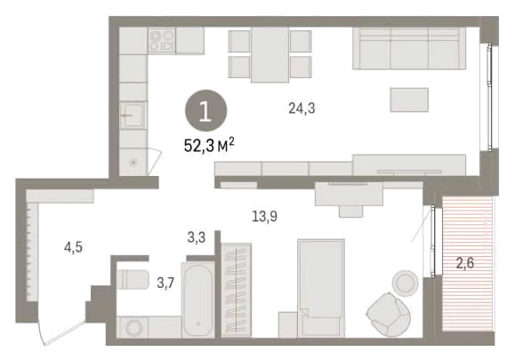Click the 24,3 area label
tap(302, 108)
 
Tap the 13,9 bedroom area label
tap(265, 216)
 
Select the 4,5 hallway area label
tap(73, 247)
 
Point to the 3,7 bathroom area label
tap(165, 283)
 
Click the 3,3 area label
tap(197, 237)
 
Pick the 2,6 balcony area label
tap(465, 263)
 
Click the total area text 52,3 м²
tap(209, 145)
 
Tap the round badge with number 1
tap(206, 111)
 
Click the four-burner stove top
tap(162, 40)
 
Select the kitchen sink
tap(133, 115)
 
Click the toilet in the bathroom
tap(133, 279)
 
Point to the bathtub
tap(197, 299)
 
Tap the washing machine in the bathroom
tap(133, 327)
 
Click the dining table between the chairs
tap(270, 54)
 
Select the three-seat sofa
tap(409, 49)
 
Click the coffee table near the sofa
tap(409, 100)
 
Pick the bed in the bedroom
tap(321, 288)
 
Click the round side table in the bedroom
tap(405, 282)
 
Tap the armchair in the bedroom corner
tap(389, 315)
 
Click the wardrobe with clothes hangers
tap(236, 290)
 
